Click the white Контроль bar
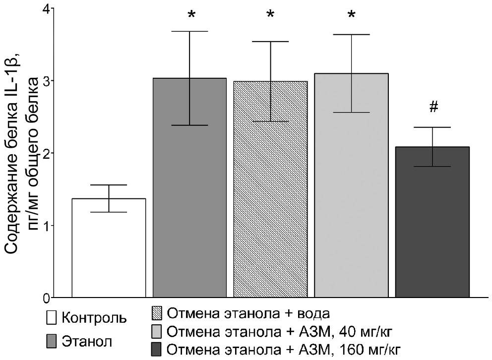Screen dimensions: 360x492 (109, 248)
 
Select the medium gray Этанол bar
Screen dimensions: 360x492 (189, 198)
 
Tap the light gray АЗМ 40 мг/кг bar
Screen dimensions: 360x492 (351, 198)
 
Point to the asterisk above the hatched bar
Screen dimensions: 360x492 (270, 15)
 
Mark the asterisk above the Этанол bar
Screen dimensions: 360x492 (191, 15)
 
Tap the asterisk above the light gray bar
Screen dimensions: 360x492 (351, 15)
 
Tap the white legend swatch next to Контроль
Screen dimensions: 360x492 (50, 317)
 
